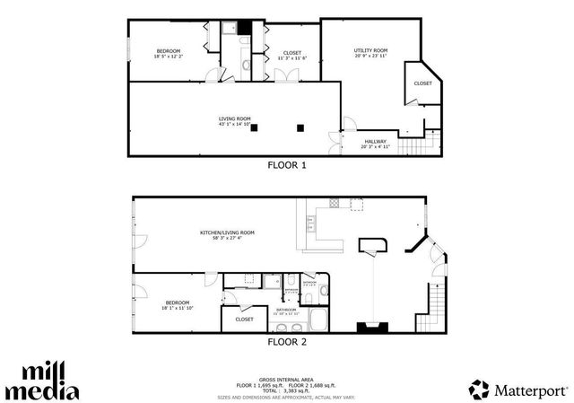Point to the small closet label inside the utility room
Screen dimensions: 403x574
(422, 83)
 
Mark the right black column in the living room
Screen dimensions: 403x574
(301, 127)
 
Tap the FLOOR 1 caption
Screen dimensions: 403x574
(287, 165)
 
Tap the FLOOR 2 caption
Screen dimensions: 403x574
(287, 342)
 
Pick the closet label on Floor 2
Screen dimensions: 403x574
(244, 319)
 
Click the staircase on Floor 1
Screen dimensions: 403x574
(413, 145)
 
